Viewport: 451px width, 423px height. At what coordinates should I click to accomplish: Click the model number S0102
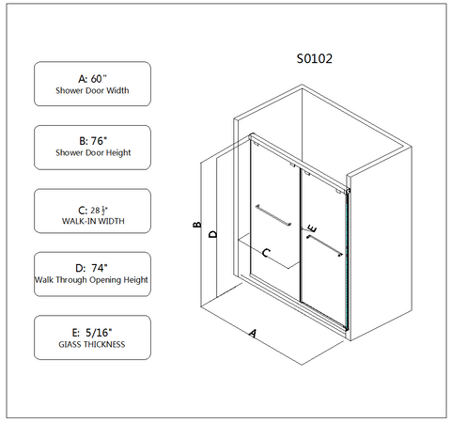click(x=315, y=58)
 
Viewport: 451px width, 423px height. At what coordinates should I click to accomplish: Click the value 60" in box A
click(x=99, y=79)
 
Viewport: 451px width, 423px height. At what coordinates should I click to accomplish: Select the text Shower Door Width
click(x=92, y=90)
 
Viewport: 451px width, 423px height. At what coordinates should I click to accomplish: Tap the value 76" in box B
click(x=99, y=141)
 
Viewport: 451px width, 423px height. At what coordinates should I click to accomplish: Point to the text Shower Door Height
click(x=93, y=153)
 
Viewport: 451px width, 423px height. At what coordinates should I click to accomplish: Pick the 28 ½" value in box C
click(x=100, y=211)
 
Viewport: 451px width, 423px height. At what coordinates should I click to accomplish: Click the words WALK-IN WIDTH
click(x=93, y=221)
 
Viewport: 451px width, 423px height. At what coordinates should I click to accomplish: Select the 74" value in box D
click(x=100, y=268)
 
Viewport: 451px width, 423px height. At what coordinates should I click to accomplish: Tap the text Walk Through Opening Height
click(x=91, y=280)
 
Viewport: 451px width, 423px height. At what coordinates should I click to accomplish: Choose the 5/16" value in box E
click(x=99, y=333)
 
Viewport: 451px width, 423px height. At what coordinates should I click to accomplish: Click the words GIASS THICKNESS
click(x=92, y=344)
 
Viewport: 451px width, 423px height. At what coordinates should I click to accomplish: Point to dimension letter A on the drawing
click(x=253, y=333)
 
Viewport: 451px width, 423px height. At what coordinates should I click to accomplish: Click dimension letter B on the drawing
click(x=197, y=225)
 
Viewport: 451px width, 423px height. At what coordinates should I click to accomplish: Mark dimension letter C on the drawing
click(x=266, y=252)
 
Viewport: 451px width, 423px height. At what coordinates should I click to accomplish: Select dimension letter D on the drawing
click(x=213, y=234)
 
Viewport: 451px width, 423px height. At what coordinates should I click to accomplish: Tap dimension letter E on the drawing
click(x=312, y=228)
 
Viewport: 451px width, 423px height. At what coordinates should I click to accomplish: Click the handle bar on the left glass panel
click(x=273, y=215)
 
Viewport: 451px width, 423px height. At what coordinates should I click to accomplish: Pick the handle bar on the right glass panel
click(x=325, y=246)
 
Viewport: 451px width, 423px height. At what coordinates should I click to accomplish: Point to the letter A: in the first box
click(x=83, y=79)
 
